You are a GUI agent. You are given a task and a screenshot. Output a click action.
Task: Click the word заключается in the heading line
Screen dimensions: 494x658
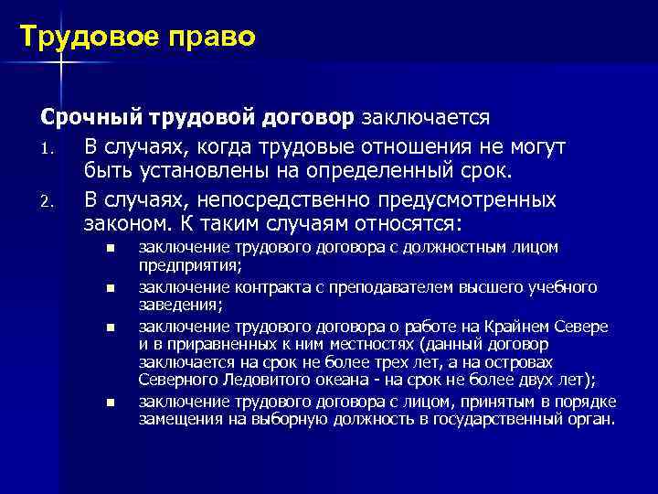(427, 118)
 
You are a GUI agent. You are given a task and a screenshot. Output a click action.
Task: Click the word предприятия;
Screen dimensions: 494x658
(190, 266)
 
